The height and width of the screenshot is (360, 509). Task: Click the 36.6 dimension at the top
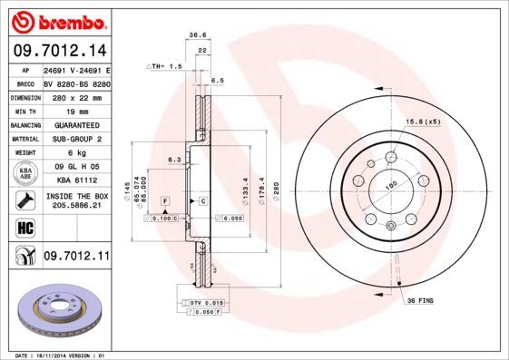click(x=196, y=35)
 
